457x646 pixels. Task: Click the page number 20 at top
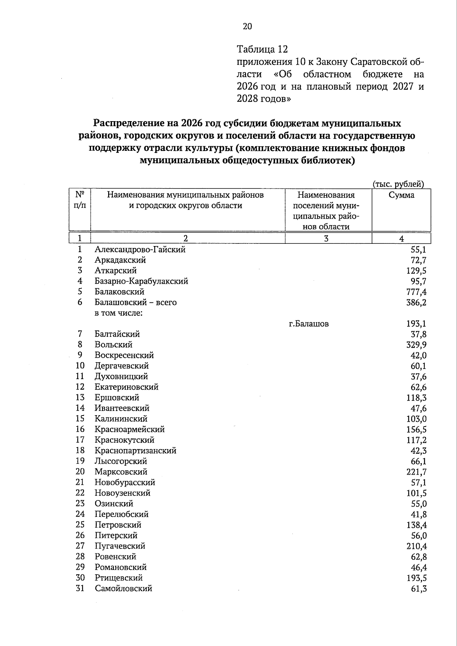pyautogui.click(x=247, y=26)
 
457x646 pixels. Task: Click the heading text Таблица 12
pyautogui.click(x=262, y=50)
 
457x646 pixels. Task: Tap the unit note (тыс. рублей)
pyautogui.click(x=398, y=184)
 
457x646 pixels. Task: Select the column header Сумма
pyautogui.click(x=401, y=195)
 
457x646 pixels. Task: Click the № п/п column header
pyautogui.click(x=80, y=200)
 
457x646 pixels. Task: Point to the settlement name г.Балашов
pyautogui.click(x=308, y=324)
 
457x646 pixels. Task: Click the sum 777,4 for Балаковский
pyautogui.click(x=416, y=292)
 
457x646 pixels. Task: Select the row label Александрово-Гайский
pyautogui.click(x=140, y=249)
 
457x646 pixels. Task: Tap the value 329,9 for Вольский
pyautogui.click(x=416, y=345)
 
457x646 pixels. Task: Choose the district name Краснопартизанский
pyautogui.click(x=135, y=451)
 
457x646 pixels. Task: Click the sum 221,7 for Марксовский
pyautogui.click(x=416, y=472)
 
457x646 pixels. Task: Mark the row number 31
pyautogui.click(x=80, y=588)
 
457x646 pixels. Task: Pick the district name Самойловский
pyautogui.click(x=123, y=588)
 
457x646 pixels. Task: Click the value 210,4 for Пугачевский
pyautogui.click(x=416, y=546)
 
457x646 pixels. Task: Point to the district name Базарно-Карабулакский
pyautogui.click(x=141, y=281)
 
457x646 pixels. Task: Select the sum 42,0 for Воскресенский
pyautogui.click(x=419, y=355)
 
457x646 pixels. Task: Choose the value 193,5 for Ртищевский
pyautogui.click(x=416, y=578)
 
